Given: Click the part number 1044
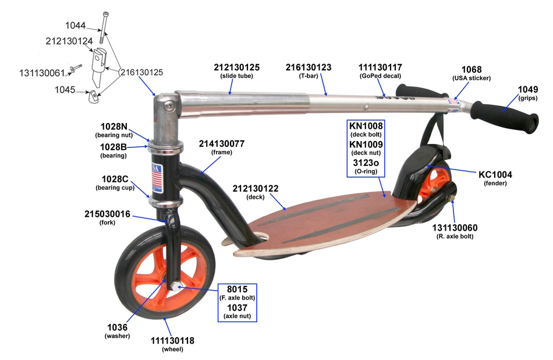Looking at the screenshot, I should [75, 26].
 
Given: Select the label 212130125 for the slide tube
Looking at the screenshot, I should [236, 68].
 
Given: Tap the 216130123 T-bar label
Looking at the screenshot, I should [308, 68].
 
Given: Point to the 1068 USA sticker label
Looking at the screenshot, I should [471, 69].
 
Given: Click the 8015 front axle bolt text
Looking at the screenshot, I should [237, 289].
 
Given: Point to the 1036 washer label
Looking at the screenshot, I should [117, 327].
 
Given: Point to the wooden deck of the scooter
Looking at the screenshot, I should [326, 221].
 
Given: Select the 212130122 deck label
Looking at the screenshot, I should [256, 189].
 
